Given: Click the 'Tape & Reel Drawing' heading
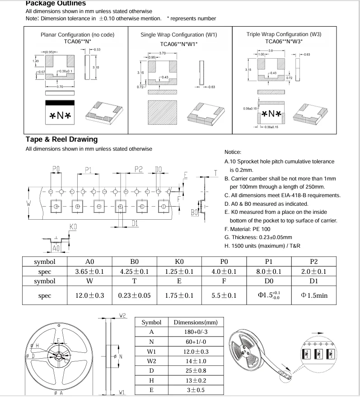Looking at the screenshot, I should (61, 139).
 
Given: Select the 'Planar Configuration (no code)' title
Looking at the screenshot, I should (77, 35).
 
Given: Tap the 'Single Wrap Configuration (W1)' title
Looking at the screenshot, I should (179, 35).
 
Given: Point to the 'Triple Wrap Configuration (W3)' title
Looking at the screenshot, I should (284, 34).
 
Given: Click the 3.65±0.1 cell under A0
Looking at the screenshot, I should (89, 272).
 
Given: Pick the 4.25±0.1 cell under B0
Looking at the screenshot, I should (134, 272).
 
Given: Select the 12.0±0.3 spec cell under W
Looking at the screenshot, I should (89, 296).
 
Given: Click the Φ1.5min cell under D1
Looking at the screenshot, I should (314, 296).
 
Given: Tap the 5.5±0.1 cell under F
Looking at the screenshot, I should (224, 296).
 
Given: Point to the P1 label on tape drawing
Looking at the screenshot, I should (89, 170).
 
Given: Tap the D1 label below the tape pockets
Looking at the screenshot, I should (135, 223).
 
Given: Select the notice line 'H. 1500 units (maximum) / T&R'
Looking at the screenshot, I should (263, 246).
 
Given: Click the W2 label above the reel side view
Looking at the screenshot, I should (122, 315).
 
